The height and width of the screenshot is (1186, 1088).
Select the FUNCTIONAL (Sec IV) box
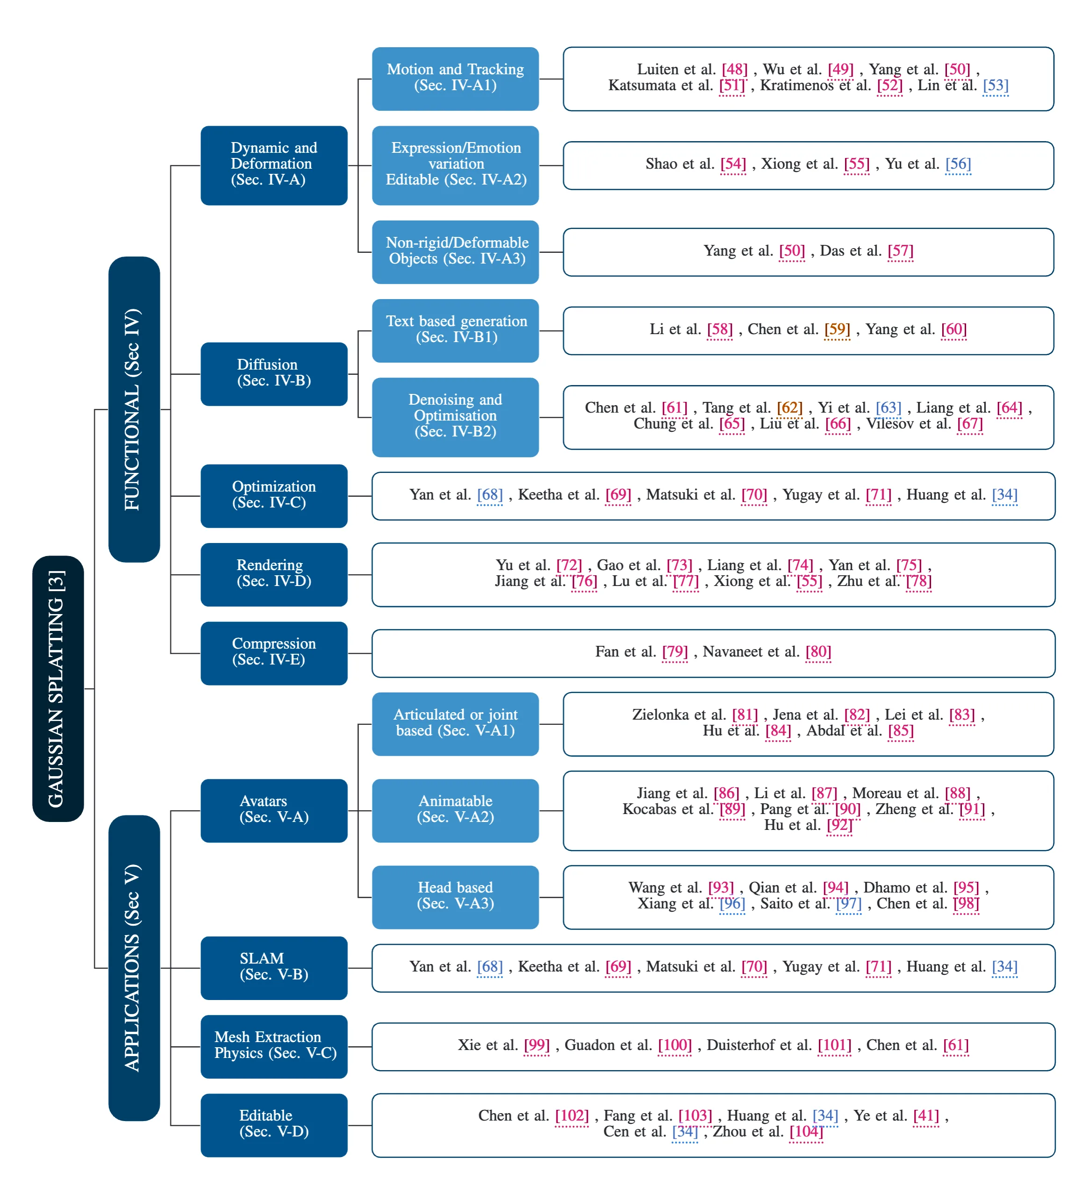click(x=134, y=409)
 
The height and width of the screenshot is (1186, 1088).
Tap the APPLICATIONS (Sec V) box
click(x=134, y=968)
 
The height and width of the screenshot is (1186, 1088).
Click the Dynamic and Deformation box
click(x=274, y=165)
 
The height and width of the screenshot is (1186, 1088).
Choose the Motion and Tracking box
click(x=455, y=79)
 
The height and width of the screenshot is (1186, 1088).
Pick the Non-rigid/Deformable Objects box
click(x=455, y=252)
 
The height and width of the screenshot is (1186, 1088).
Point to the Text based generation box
click(x=455, y=330)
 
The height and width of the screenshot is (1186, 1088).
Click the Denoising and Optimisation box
click(x=455, y=417)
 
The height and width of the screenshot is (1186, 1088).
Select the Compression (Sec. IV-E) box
click(x=274, y=653)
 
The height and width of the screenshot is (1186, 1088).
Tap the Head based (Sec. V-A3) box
click(x=455, y=897)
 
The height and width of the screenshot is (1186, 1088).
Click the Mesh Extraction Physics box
click(x=274, y=1046)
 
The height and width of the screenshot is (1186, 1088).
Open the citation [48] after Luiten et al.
click(x=735, y=70)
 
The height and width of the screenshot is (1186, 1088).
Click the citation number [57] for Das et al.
click(x=901, y=251)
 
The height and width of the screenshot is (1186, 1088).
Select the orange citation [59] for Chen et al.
click(x=837, y=329)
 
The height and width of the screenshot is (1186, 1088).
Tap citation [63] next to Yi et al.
click(x=888, y=407)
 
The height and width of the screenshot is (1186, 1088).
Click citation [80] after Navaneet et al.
click(x=818, y=651)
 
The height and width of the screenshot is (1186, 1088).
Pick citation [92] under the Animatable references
click(x=839, y=825)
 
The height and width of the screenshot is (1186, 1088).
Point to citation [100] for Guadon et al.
click(x=675, y=1045)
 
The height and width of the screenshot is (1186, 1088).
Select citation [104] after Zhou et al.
click(x=806, y=1131)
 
